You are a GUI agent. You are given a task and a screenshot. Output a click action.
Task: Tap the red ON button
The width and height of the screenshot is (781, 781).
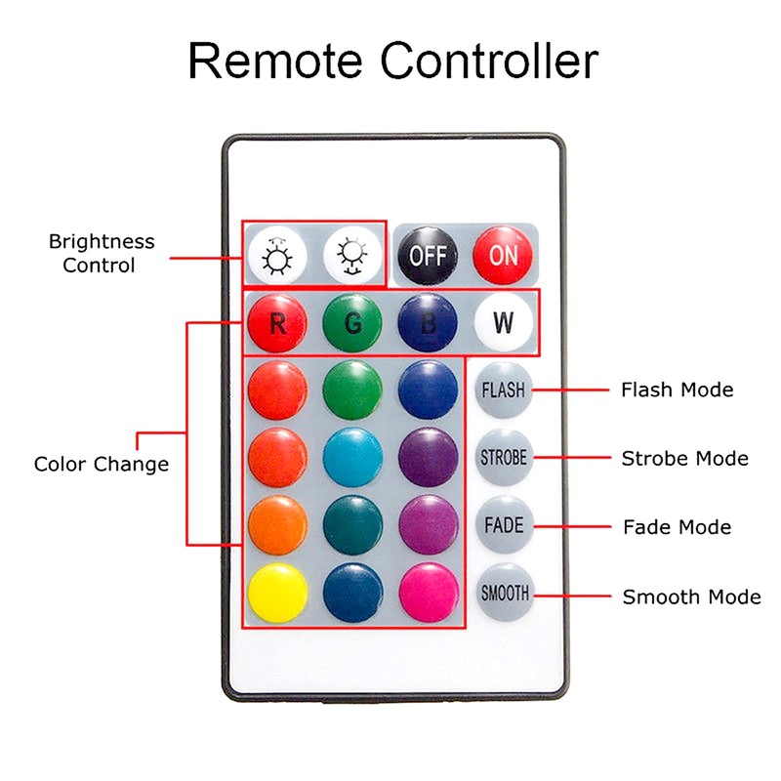[503, 256]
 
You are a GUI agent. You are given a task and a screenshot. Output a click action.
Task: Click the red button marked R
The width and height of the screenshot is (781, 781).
[277, 323]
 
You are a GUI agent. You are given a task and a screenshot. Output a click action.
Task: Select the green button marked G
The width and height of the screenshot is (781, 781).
[352, 323]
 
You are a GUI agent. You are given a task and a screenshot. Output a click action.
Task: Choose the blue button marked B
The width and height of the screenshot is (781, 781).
[428, 323]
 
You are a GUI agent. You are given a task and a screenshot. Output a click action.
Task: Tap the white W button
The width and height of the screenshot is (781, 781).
[504, 323]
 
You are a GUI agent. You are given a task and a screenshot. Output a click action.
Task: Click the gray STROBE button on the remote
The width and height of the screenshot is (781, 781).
[504, 457]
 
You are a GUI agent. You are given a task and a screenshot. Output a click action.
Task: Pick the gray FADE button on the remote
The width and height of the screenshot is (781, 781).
[504, 525]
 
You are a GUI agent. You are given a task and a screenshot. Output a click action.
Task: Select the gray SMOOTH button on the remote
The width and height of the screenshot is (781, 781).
[504, 593]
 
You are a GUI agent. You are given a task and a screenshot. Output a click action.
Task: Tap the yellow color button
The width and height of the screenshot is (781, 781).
[277, 593]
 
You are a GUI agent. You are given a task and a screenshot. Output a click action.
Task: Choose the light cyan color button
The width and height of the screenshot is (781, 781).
[352, 457]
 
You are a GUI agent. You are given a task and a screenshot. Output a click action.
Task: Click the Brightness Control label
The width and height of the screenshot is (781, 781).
[102, 253]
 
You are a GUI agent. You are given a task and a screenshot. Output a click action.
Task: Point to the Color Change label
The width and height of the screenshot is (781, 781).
[102, 464]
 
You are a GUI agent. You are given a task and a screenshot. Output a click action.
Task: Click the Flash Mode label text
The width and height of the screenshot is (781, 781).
[677, 390]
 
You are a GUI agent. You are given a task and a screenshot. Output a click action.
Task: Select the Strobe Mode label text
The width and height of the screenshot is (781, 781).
[684, 458]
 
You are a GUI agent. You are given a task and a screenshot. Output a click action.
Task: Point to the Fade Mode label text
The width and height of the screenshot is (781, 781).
[677, 527]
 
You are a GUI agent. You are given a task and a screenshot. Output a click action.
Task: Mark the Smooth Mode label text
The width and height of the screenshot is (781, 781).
[691, 596]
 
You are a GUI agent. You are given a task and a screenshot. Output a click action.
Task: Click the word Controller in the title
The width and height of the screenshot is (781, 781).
[489, 62]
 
